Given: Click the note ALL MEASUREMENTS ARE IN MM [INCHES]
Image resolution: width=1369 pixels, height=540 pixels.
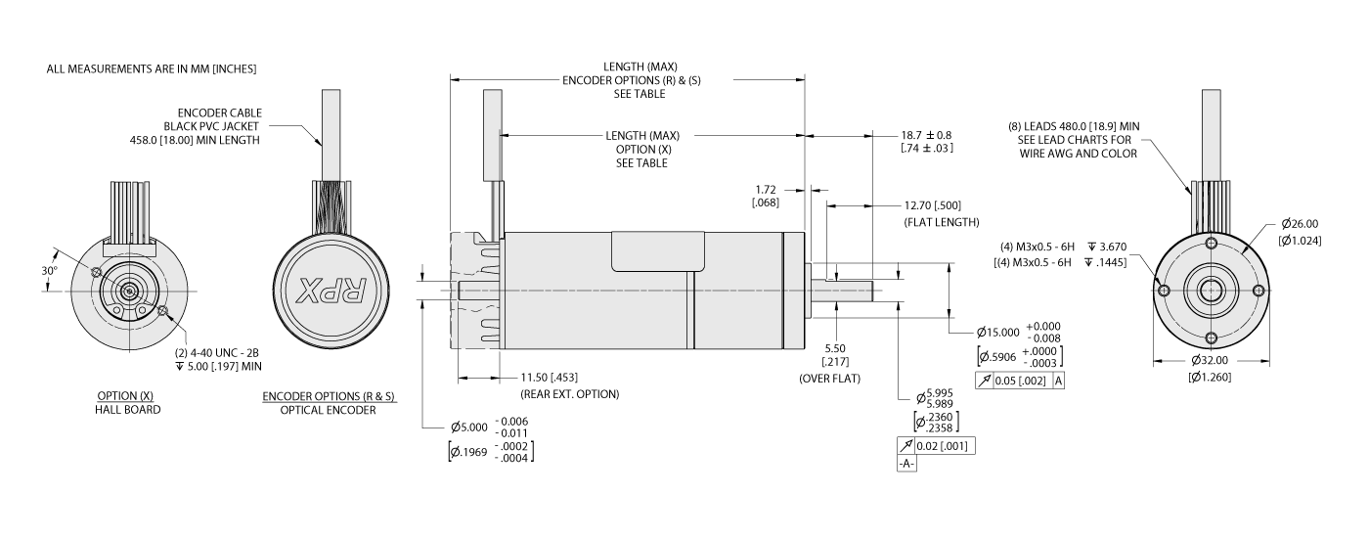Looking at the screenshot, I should pos(152,69).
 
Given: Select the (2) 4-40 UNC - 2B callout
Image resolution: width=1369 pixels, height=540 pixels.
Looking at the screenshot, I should pos(220,353).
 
